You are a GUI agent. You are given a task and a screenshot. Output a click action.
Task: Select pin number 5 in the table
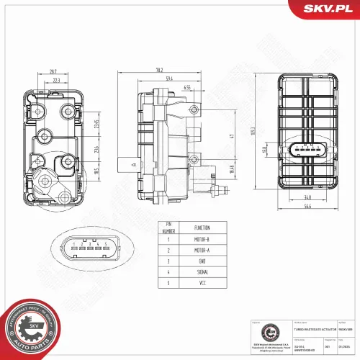click(x=169, y=284)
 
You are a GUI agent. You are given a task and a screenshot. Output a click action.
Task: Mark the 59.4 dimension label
click(x=170, y=78)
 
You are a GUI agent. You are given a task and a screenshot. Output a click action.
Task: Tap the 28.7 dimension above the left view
click(x=53, y=71)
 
